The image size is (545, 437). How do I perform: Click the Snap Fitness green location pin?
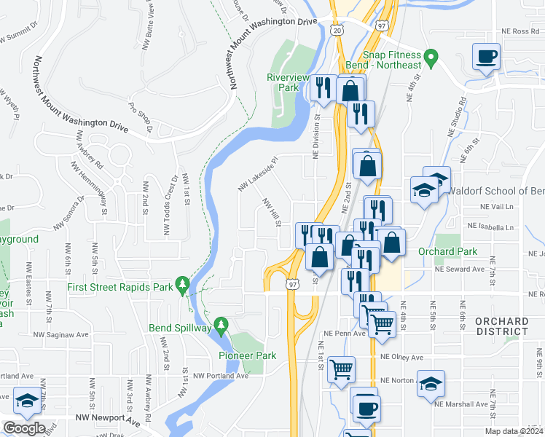pyautogui.click(x=431, y=55)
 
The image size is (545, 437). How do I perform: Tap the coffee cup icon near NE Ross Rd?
pyautogui.click(x=486, y=55)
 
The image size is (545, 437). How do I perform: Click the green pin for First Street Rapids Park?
pyautogui.click(x=181, y=286)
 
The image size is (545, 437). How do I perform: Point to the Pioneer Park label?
pyautogui.click(x=248, y=355)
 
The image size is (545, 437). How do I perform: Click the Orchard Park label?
pyautogui.click(x=447, y=251)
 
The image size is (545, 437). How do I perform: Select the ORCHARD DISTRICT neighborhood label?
pyautogui.click(x=501, y=326)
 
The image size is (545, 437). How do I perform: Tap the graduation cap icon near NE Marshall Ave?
pyautogui.click(x=431, y=382)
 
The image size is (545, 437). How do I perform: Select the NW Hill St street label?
pyautogui.click(x=271, y=213)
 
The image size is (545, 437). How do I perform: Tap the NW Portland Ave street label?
pyautogui.click(x=222, y=376)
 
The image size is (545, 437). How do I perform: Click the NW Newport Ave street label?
pyautogui.click(x=108, y=420)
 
